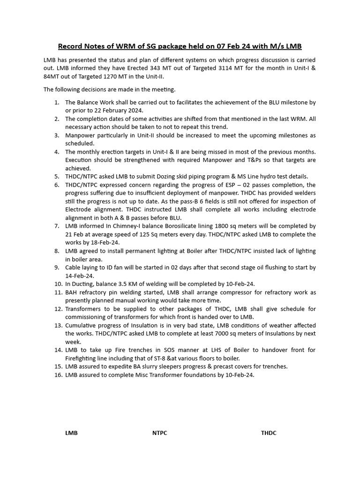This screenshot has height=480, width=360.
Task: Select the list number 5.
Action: click(56, 176)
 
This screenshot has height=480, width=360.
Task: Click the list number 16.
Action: click(58, 375)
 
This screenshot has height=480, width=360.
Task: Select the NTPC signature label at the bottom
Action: click(159, 433)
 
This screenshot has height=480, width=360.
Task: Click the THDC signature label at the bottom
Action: click(269, 433)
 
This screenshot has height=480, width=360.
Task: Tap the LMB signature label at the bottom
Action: click(71, 433)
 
